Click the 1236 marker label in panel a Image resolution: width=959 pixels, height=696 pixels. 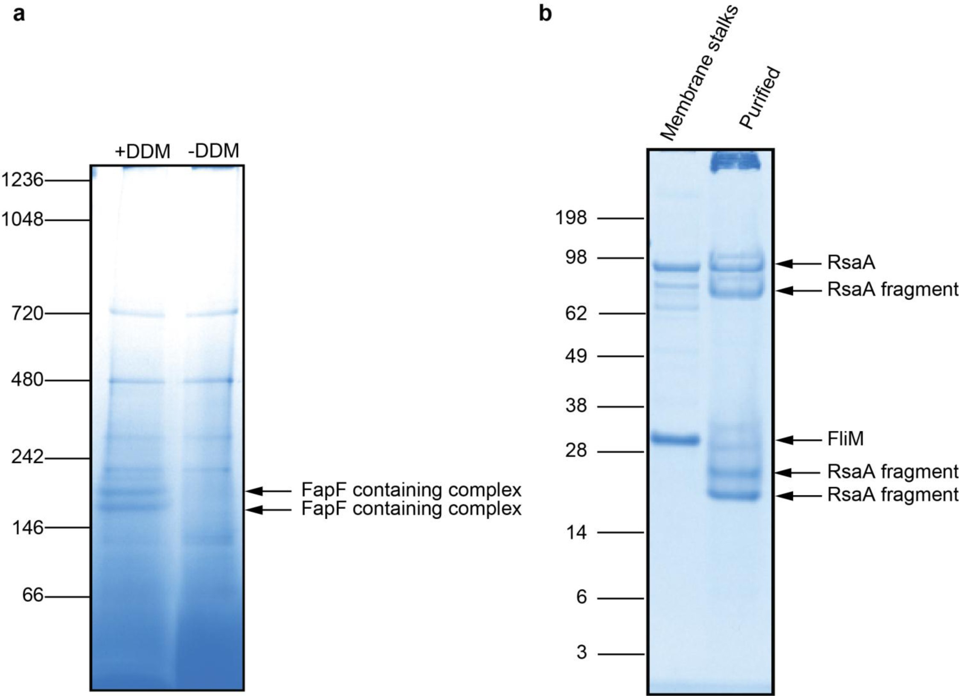(x=22, y=181)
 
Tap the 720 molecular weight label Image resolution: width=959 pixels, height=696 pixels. (x=27, y=314)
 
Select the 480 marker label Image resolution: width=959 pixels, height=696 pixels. (x=27, y=380)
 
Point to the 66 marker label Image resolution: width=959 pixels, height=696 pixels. (x=33, y=595)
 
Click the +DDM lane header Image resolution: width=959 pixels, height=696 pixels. (x=142, y=151)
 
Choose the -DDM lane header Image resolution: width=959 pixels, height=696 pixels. (x=213, y=151)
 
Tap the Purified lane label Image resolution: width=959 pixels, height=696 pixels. (x=759, y=98)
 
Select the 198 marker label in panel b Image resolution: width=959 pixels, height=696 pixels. (x=571, y=218)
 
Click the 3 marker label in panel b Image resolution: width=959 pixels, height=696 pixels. (x=581, y=652)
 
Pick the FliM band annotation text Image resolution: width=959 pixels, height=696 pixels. (x=845, y=439)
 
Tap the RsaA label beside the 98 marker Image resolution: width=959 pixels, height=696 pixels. (x=851, y=263)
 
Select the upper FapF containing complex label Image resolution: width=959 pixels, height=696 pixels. (x=411, y=490)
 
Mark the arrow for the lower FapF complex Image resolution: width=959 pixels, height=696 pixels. (x=269, y=510)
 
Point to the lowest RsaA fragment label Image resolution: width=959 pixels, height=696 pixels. (x=893, y=495)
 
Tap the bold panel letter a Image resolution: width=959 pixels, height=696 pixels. (x=19, y=14)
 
